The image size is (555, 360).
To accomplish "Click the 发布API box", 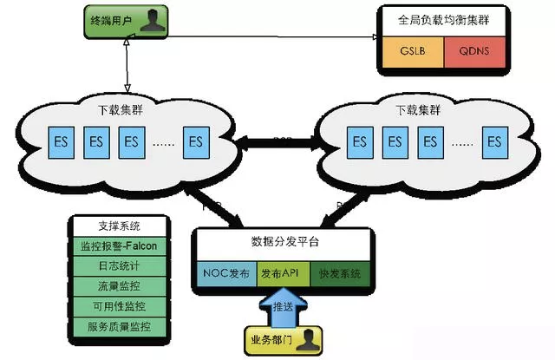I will pyautogui.click(x=282, y=272).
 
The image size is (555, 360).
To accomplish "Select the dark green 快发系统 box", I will pyautogui.click(x=339, y=272).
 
